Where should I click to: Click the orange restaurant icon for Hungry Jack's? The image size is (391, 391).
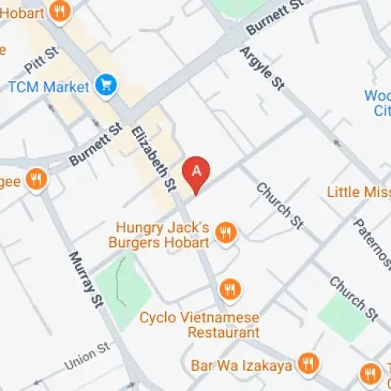(226, 231)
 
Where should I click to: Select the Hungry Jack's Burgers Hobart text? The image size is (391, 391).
(163, 235)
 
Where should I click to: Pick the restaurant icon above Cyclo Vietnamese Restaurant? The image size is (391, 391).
(229, 290)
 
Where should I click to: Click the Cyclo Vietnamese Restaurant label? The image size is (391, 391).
(200, 325)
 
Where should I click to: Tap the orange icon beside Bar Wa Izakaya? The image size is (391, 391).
(309, 364)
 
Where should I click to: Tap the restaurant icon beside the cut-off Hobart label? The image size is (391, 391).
(59, 10)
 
